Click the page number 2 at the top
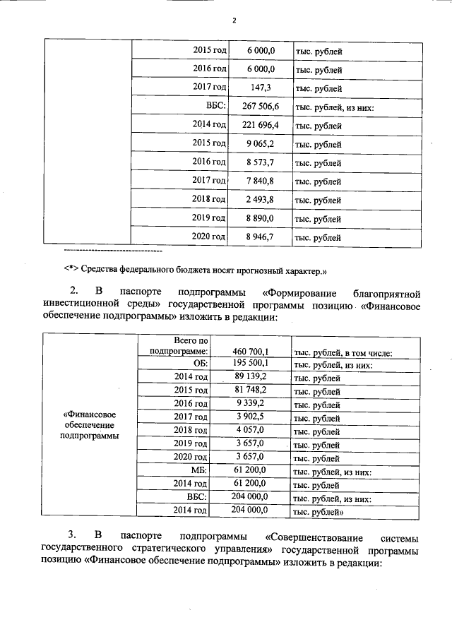[233, 20]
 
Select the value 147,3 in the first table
[260, 88]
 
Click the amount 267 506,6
[261, 107]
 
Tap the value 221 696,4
[261, 125]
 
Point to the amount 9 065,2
[261, 143]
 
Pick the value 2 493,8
[261, 199]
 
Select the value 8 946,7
[261, 237]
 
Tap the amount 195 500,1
[250, 364]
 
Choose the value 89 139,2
[250, 377]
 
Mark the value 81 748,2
[250, 390]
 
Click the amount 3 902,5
[250, 417]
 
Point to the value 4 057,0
[250, 430]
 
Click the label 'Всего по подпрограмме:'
[179, 345]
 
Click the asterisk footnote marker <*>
[70, 270]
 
